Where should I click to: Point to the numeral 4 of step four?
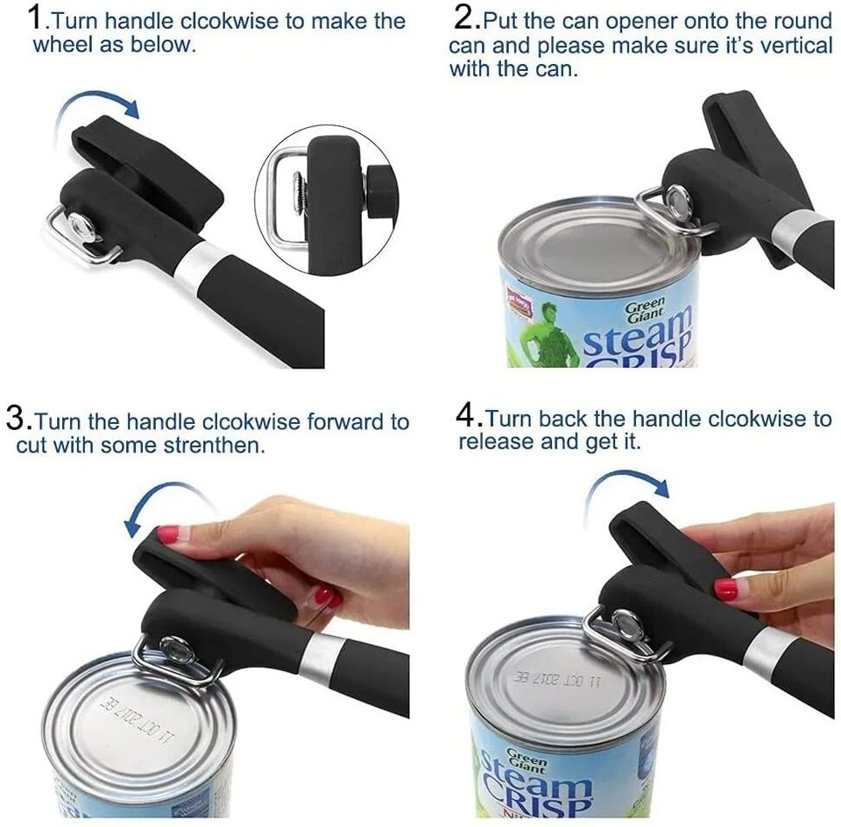[x=467, y=417]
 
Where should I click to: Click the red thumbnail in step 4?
[x=725, y=590]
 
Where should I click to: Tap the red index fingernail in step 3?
[x=167, y=533]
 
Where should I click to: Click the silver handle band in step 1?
[x=202, y=263]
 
